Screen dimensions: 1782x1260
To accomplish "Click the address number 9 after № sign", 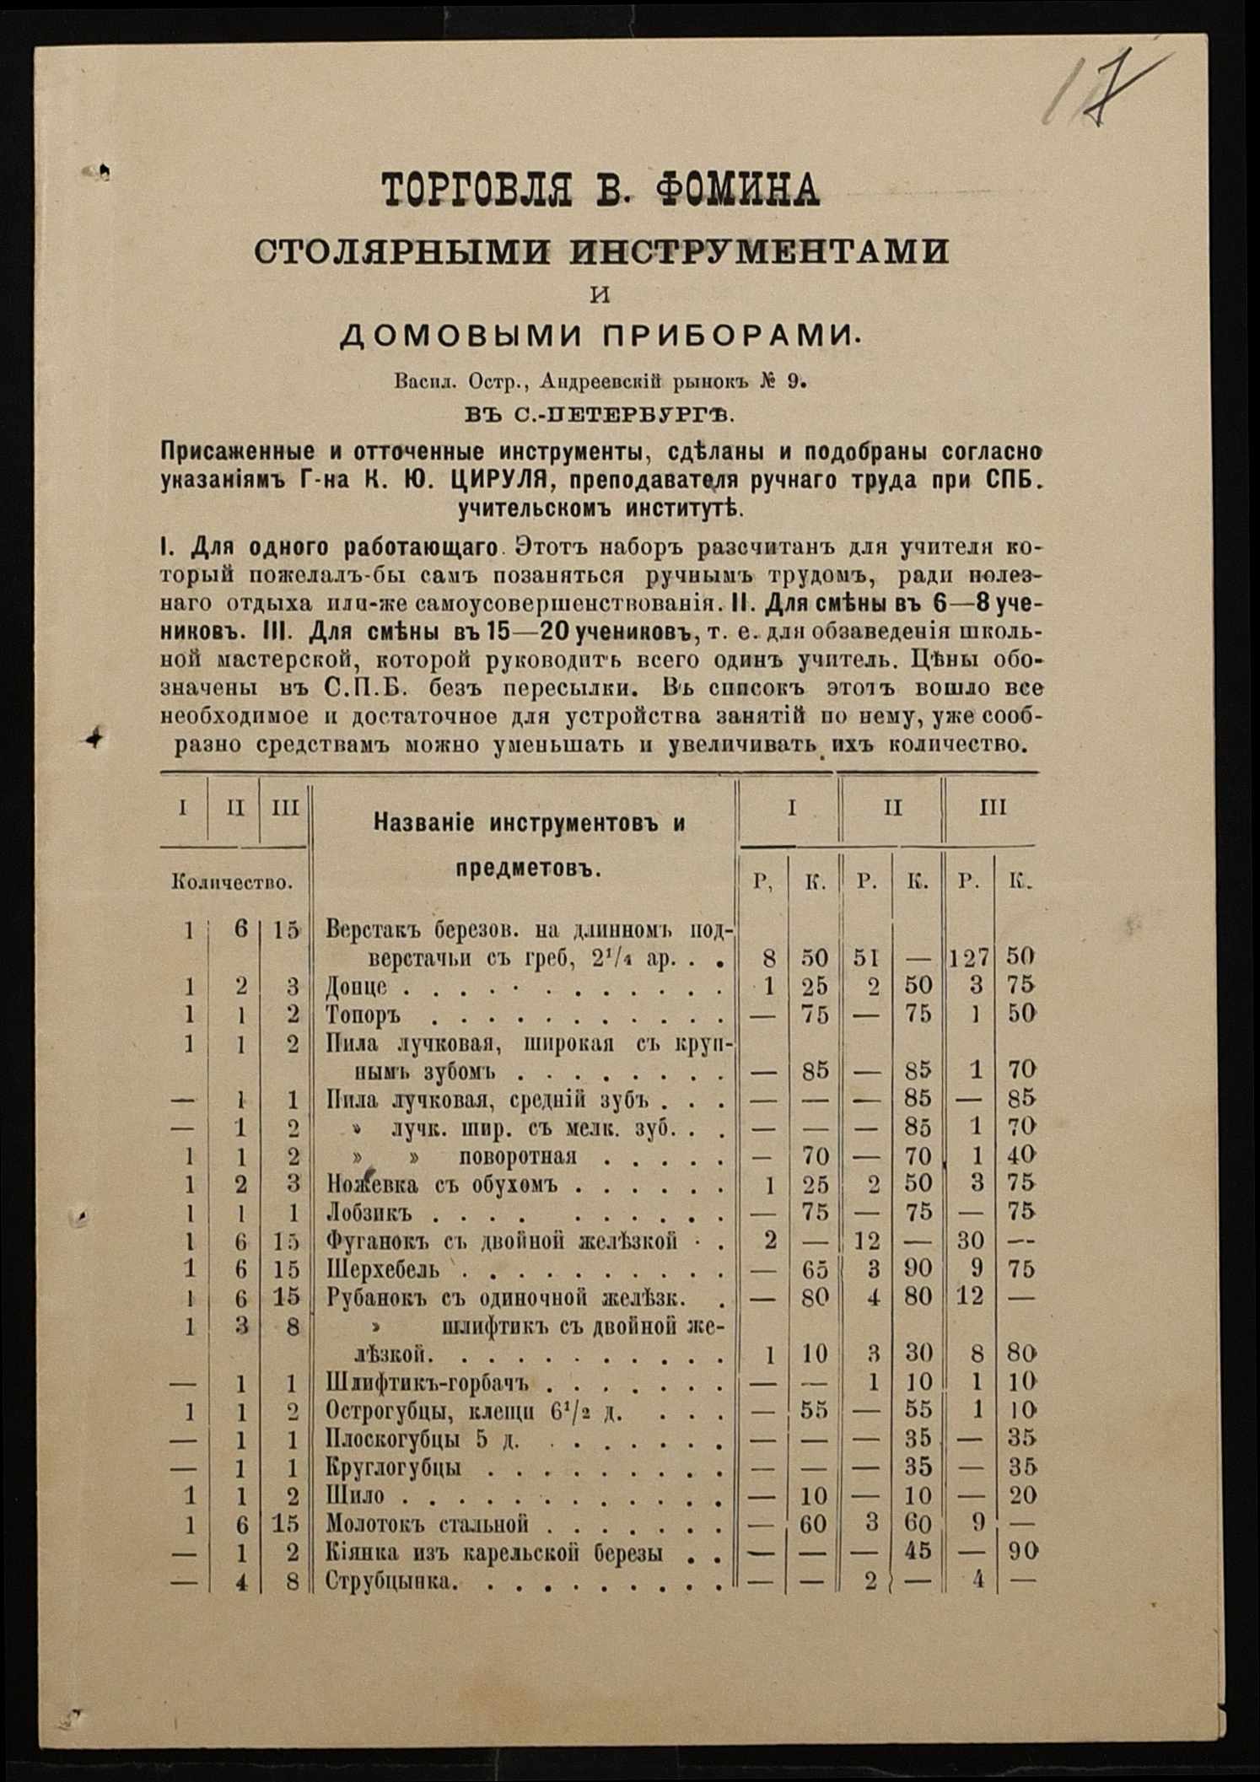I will click(x=795, y=381).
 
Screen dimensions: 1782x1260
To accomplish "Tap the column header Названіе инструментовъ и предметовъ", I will click(x=528, y=846).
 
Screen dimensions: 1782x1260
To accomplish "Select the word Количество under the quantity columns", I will click(x=232, y=883).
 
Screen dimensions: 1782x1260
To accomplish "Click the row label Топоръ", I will click(x=363, y=1015).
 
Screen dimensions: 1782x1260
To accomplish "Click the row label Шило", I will click(x=355, y=1495).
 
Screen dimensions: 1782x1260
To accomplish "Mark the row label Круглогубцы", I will click(x=393, y=1467).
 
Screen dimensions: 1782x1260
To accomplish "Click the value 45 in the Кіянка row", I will click(x=918, y=1553).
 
